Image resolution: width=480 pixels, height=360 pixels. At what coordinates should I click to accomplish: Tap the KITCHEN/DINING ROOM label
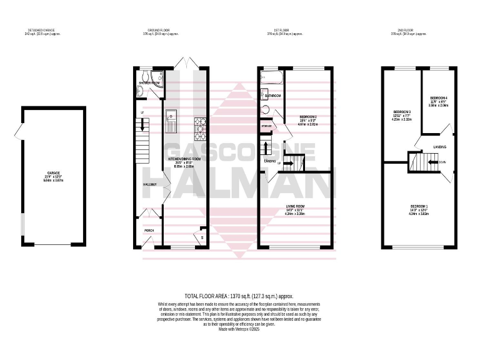184,159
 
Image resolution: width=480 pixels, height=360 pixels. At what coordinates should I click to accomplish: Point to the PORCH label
149,231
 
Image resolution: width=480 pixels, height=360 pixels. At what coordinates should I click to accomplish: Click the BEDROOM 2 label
309,117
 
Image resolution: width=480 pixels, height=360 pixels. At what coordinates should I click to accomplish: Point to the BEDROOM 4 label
439,98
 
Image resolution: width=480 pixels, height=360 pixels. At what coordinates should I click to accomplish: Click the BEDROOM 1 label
419,206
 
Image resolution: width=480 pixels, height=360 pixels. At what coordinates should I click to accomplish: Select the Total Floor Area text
239,296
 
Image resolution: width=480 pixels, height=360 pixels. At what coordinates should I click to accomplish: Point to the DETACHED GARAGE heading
39,29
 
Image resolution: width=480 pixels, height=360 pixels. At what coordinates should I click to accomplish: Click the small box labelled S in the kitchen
201,236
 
